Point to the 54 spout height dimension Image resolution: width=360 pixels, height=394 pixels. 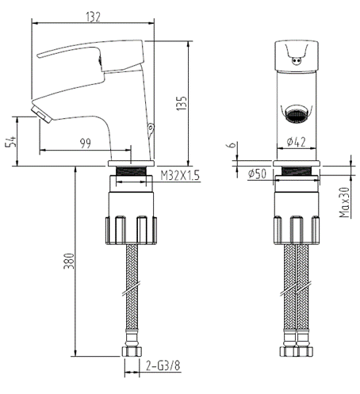[x=10, y=141]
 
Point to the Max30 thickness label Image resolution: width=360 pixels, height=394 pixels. [x=344, y=203]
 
